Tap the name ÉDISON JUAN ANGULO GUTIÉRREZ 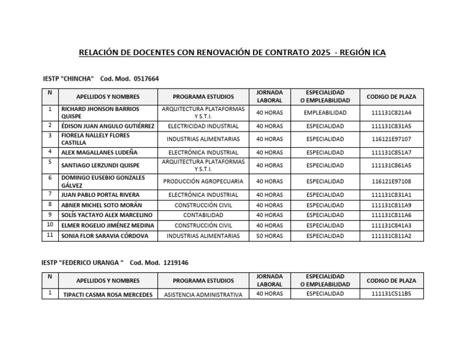[108, 126]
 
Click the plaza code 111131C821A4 [391, 113]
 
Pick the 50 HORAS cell [269, 236]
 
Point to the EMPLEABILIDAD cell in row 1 [325, 113]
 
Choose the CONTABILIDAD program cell [203, 215]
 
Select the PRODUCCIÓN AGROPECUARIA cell [203, 181]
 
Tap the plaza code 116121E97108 [391, 181]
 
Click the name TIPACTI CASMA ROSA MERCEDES [108, 295]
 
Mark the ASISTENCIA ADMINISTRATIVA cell [203, 295]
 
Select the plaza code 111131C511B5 [391, 294]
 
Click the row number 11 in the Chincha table [49, 235]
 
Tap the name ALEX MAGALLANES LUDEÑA [99, 152]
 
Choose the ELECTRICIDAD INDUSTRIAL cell [203, 126]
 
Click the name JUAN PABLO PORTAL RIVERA [100, 195]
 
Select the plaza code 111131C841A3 [391, 225]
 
